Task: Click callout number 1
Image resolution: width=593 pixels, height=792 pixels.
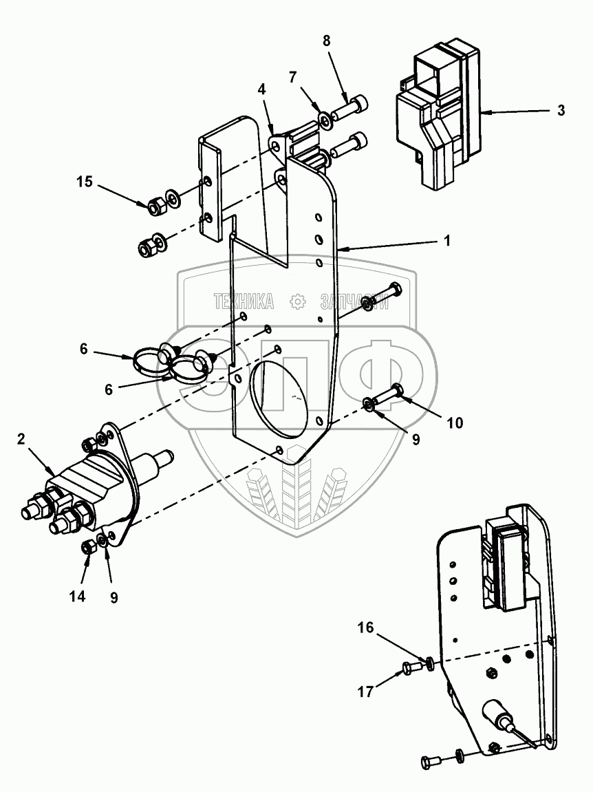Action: [446, 240]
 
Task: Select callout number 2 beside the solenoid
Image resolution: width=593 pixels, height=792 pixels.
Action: [21, 439]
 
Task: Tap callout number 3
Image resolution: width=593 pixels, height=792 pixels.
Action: [561, 110]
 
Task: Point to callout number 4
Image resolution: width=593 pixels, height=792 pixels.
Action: [261, 89]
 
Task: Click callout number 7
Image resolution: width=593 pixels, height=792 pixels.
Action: [292, 77]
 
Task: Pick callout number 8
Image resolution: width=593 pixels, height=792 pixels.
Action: [326, 41]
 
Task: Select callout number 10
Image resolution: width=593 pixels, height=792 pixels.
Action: [455, 422]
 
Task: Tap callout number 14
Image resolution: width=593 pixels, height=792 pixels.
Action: [77, 597]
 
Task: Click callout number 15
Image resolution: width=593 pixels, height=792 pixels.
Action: [85, 182]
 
